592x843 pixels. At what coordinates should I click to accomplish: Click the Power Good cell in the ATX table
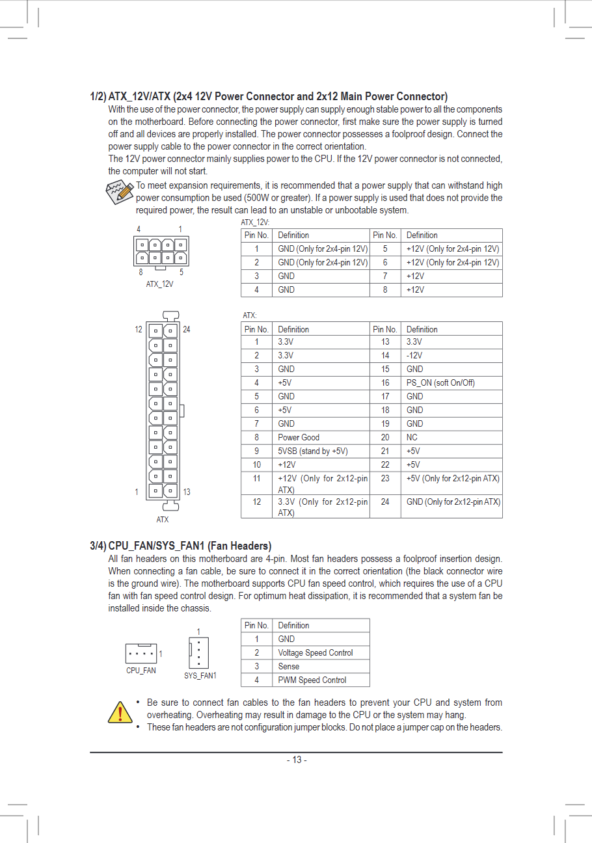[x=299, y=438]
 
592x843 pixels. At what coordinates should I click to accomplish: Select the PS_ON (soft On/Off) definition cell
[x=440, y=383]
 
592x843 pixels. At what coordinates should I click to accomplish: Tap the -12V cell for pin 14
[x=414, y=356]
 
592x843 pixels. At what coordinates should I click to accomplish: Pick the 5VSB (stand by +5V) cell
[x=312, y=451]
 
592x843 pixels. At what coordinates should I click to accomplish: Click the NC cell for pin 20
[x=412, y=438]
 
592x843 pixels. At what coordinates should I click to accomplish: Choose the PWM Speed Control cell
[x=312, y=680]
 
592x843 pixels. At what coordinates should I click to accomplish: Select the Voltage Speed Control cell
[x=315, y=653]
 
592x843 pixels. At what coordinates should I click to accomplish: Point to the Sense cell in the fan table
[x=289, y=667]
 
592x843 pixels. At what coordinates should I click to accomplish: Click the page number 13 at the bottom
[x=297, y=760]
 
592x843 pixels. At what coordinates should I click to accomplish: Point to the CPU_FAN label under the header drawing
[x=141, y=671]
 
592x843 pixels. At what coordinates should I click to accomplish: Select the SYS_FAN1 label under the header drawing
[x=200, y=676]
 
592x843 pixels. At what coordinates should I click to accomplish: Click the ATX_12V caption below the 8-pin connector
[x=159, y=284]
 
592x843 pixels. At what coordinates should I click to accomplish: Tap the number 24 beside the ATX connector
[x=187, y=330]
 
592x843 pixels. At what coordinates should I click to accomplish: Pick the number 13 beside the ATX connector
[x=187, y=492]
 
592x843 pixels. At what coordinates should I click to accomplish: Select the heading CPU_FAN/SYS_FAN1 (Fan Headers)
[x=189, y=546]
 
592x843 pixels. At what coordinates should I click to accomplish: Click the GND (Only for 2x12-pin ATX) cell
[x=453, y=502]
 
